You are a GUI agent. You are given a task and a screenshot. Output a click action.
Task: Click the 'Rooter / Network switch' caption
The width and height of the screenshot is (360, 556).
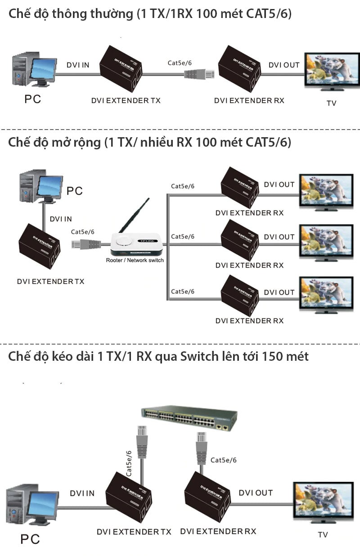point(135,260)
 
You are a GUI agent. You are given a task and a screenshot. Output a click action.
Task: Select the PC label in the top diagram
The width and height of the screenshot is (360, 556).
point(32,99)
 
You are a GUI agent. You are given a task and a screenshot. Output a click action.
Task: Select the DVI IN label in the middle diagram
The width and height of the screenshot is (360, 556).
point(61,219)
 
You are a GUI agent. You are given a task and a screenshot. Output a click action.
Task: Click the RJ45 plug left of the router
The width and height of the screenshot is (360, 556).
point(85,244)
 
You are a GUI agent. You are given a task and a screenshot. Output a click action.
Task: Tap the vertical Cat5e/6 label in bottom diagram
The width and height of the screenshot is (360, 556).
point(129,464)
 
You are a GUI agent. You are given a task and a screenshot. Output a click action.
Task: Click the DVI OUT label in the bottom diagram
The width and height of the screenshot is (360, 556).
point(256,493)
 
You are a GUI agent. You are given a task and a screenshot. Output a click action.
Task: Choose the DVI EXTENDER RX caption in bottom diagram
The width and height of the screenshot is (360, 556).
point(218,531)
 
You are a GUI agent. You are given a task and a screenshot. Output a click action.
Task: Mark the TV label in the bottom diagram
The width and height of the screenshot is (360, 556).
point(323,535)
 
